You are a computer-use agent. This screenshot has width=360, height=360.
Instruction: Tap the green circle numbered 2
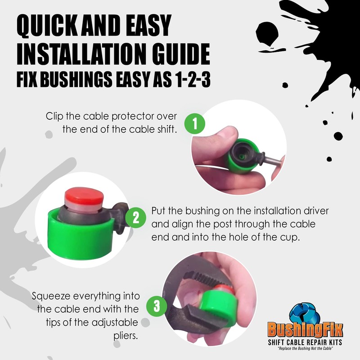tap(135, 219)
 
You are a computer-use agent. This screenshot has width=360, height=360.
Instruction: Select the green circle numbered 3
tap(157, 306)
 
